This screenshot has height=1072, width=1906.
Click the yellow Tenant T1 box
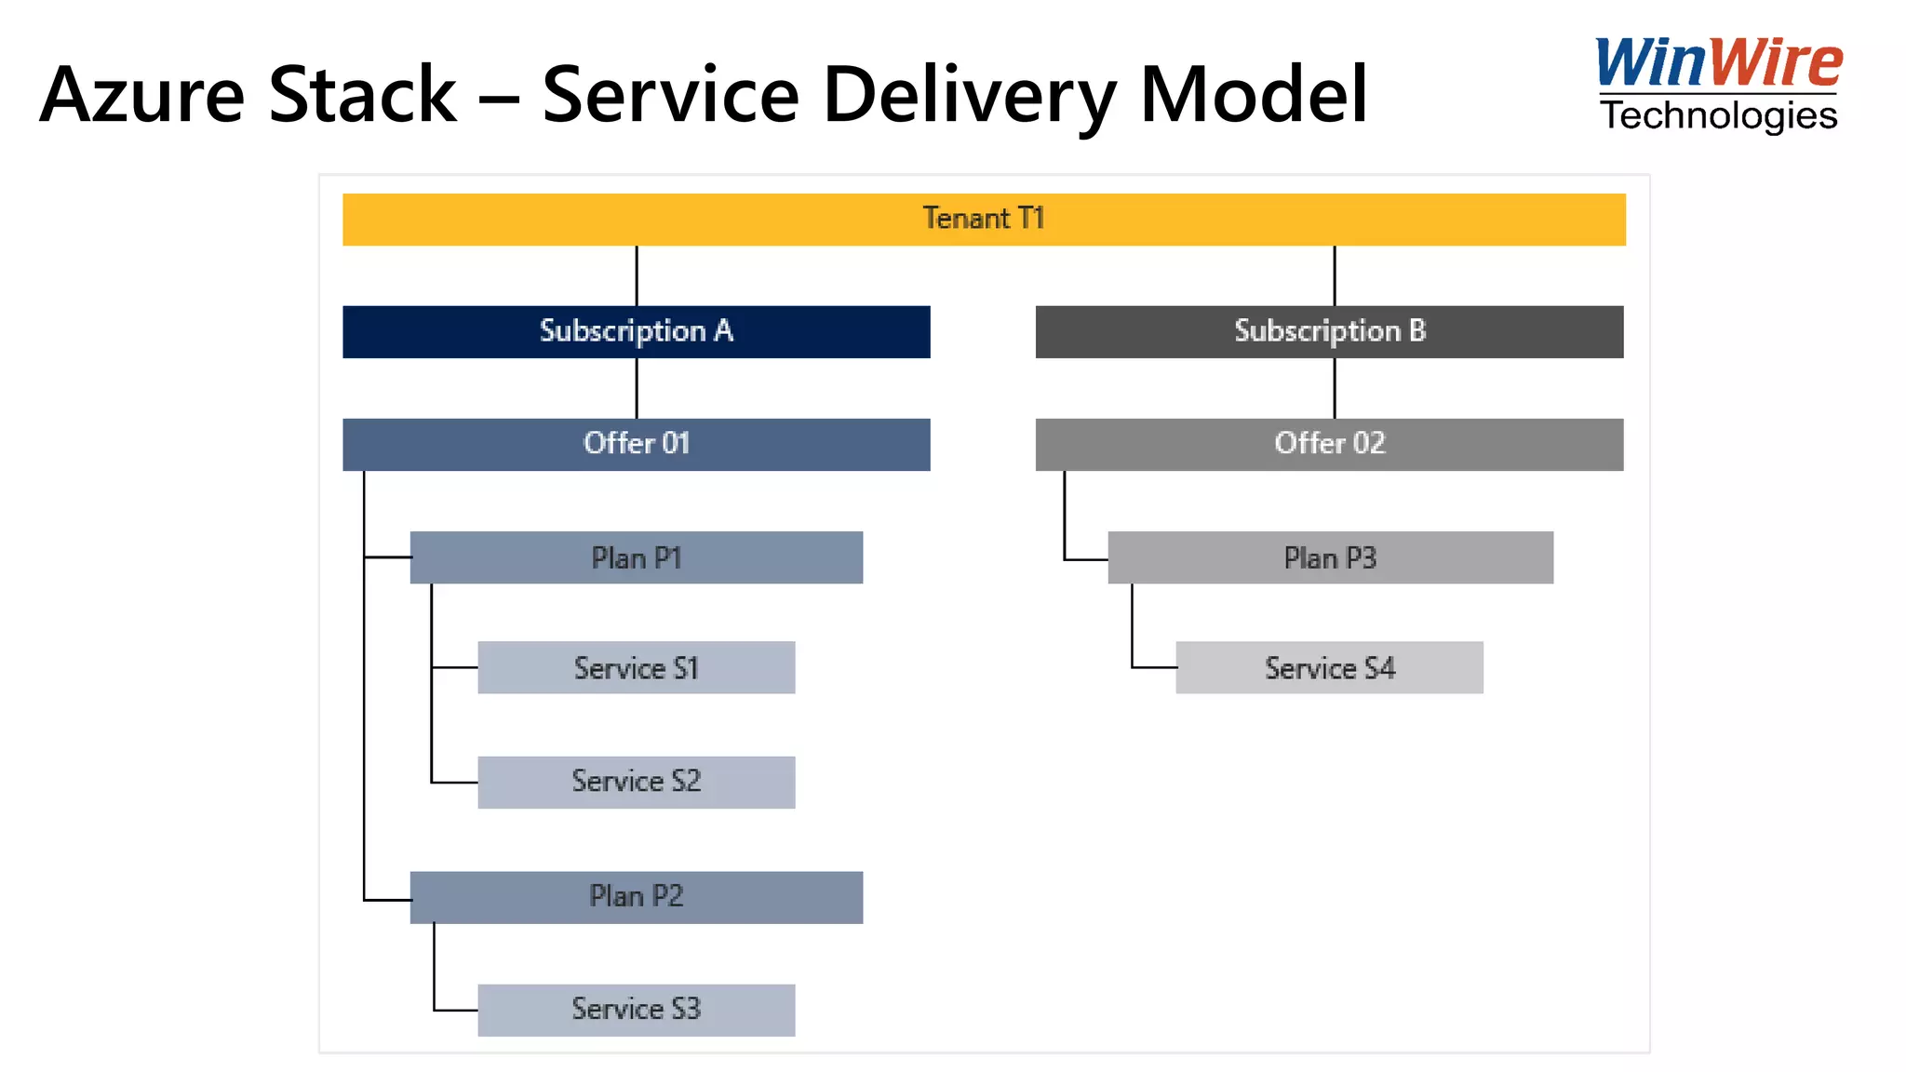pyautogui.click(x=984, y=220)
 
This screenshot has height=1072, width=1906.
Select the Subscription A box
pyautogui.click(x=636, y=332)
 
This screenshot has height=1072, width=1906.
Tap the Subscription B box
pyautogui.click(x=1329, y=332)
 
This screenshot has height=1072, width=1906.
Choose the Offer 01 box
pyautogui.click(x=636, y=444)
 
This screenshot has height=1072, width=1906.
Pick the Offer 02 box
pyautogui.click(x=1329, y=444)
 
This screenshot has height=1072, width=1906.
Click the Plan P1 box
pyautogui.click(x=636, y=557)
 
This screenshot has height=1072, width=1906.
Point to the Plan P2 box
pyautogui.click(x=636, y=897)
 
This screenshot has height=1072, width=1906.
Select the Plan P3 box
pyautogui.click(x=1330, y=557)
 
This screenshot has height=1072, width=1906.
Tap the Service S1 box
pyautogui.click(x=636, y=667)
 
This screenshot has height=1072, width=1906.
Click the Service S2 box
pyautogui.click(x=636, y=782)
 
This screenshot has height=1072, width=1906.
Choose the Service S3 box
pyautogui.click(x=636, y=1010)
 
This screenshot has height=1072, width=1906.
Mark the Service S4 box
pyautogui.click(x=1329, y=667)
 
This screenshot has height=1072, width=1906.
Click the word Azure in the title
pyautogui.click(x=141, y=95)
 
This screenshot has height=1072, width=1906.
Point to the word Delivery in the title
pyautogui.click(x=969, y=95)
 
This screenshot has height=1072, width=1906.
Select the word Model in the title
pyautogui.click(x=1253, y=95)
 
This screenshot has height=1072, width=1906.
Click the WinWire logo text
pyautogui.click(x=1718, y=63)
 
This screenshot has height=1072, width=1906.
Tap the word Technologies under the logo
pyautogui.click(x=1718, y=116)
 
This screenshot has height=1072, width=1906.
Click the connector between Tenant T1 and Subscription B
pyautogui.click(x=1335, y=275)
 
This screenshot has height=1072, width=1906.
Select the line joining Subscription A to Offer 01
pyautogui.click(x=637, y=388)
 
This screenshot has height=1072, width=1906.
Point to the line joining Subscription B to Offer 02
pyautogui.click(x=1335, y=388)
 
